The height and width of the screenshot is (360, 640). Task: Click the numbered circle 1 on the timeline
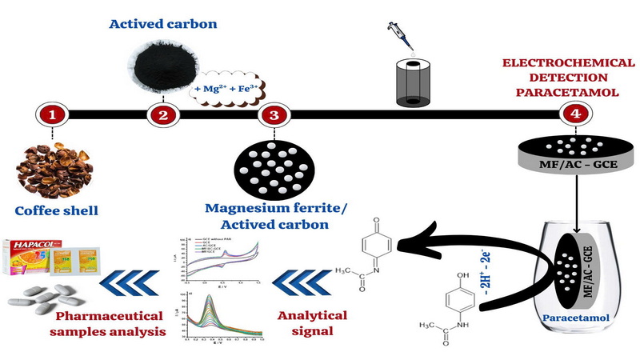(x=53, y=115)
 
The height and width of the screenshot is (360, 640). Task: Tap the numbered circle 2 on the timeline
(x=163, y=115)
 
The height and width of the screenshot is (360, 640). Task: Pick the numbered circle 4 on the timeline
(x=574, y=114)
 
